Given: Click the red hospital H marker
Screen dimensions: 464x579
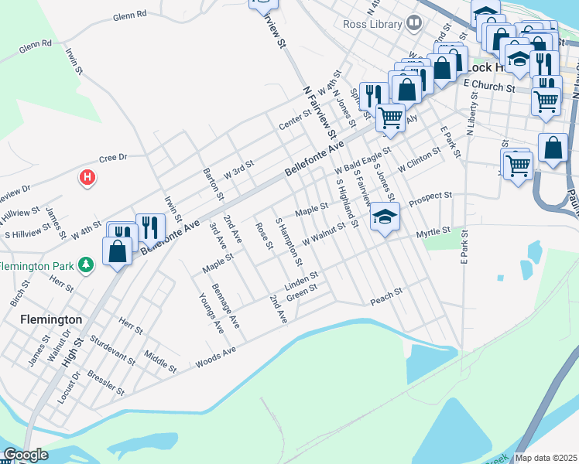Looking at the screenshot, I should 87,178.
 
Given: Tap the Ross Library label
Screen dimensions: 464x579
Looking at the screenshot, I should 373,24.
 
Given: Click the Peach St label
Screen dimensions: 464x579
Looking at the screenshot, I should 387,295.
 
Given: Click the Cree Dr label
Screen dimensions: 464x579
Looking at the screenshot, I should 112,158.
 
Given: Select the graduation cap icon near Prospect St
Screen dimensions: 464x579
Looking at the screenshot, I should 384,217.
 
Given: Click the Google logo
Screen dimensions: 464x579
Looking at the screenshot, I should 26,455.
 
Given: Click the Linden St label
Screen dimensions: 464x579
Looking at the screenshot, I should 301,277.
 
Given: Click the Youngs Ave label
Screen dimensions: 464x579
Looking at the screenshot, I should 211,313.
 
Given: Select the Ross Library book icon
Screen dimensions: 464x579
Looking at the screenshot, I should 414,24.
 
